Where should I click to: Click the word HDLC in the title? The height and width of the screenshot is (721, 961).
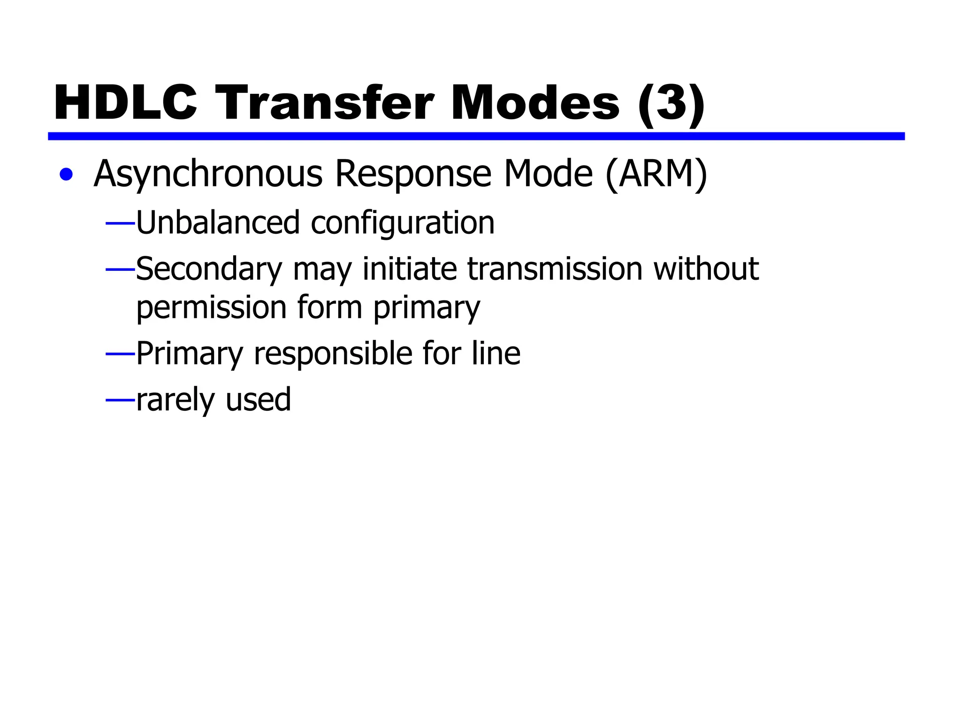(x=125, y=103)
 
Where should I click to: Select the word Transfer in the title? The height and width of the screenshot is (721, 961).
(x=325, y=103)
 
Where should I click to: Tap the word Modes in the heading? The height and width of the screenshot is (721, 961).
(x=535, y=103)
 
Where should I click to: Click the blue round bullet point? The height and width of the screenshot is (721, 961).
(x=66, y=175)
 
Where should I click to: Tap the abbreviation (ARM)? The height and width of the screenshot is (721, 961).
(x=656, y=175)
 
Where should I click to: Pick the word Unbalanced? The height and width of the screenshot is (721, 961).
(x=218, y=222)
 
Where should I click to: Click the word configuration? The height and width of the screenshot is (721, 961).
(x=403, y=223)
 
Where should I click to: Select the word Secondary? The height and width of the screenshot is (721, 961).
(x=209, y=269)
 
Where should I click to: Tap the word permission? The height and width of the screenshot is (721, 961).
(x=211, y=308)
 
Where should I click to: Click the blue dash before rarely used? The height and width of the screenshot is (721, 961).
(x=120, y=400)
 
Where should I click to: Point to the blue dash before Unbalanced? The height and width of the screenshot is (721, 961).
(x=120, y=223)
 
